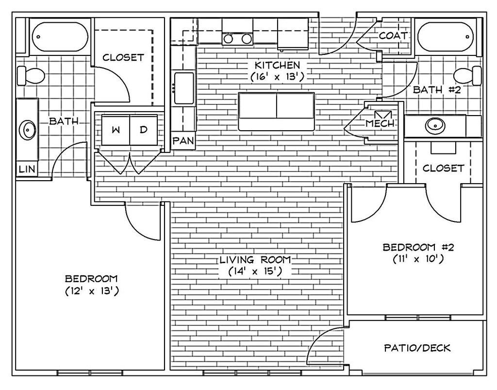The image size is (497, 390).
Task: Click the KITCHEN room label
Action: pyautogui.click(x=278, y=65)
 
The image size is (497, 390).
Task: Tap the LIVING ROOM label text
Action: pyautogui.click(x=255, y=260)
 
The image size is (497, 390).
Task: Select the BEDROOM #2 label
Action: pyautogui.click(x=418, y=247)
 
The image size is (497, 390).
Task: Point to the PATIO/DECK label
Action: pyautogui.click(x=417, y=348)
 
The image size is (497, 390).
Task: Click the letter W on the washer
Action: pyautogui.click(x=116, y=130)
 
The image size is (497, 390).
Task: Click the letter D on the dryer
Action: pyautogui.click(x=143, y=130)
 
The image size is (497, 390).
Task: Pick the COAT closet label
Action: pyautogui.click(x=393, y=36)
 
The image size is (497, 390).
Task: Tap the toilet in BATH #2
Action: pyautogui.click(x=467, y=75)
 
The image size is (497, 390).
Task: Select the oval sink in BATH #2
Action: pyautogui.click(x=435, y=126)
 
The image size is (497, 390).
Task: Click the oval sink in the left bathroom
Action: pyautogui.click(x=28, y=130)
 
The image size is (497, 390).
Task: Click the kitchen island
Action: pyautogui.click(x=276, y=111)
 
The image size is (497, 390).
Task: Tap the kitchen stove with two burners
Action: pyautogui.click(x=237, y=38)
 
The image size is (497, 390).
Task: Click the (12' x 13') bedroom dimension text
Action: pyautogui.click(x=92, y=291)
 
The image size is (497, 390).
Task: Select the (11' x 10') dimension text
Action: pyautogui.click(x=418, y=259)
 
